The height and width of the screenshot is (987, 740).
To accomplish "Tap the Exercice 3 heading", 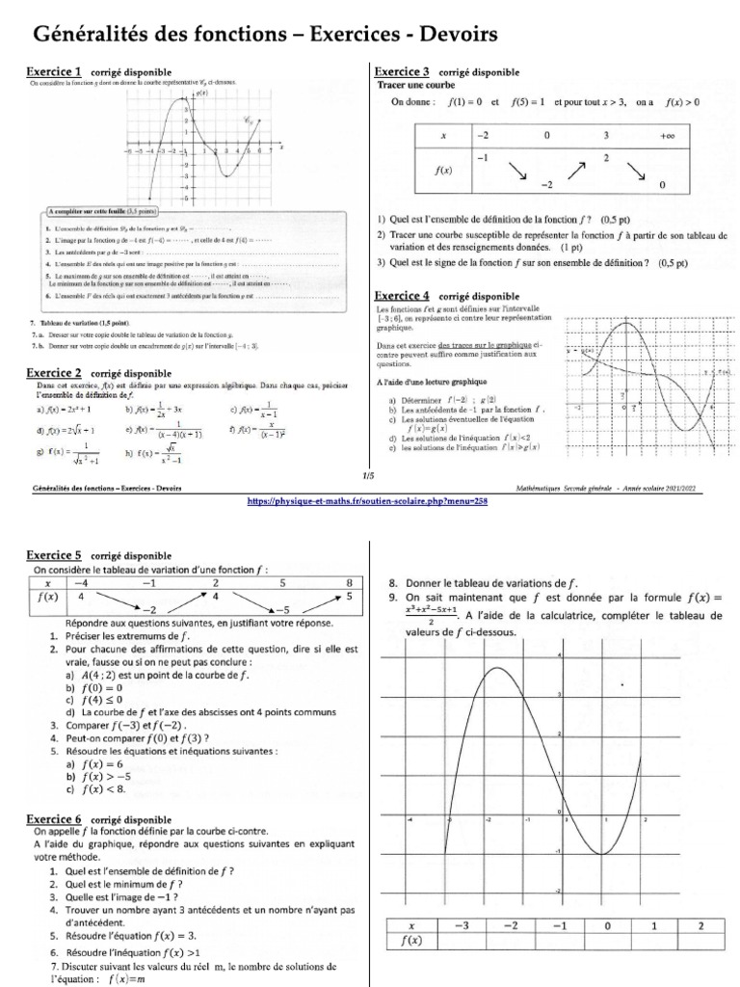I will click(x=403, y=72).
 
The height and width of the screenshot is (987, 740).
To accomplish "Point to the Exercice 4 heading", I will click(x=403, y=296).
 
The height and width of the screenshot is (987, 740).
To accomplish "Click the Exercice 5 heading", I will click(x=58, y=556).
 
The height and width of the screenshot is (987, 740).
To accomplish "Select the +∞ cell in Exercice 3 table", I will click(x=666, y=136).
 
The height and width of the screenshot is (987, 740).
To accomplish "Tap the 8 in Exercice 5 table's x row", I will click(x=350, y=583).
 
